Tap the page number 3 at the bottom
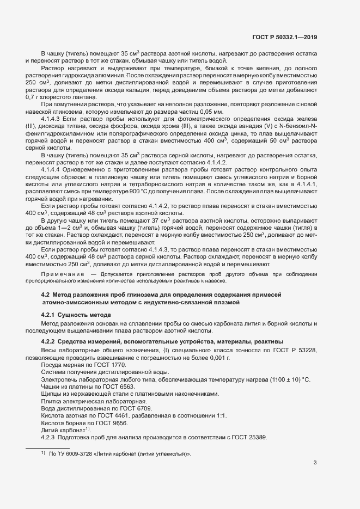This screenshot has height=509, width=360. click(315, 463)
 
